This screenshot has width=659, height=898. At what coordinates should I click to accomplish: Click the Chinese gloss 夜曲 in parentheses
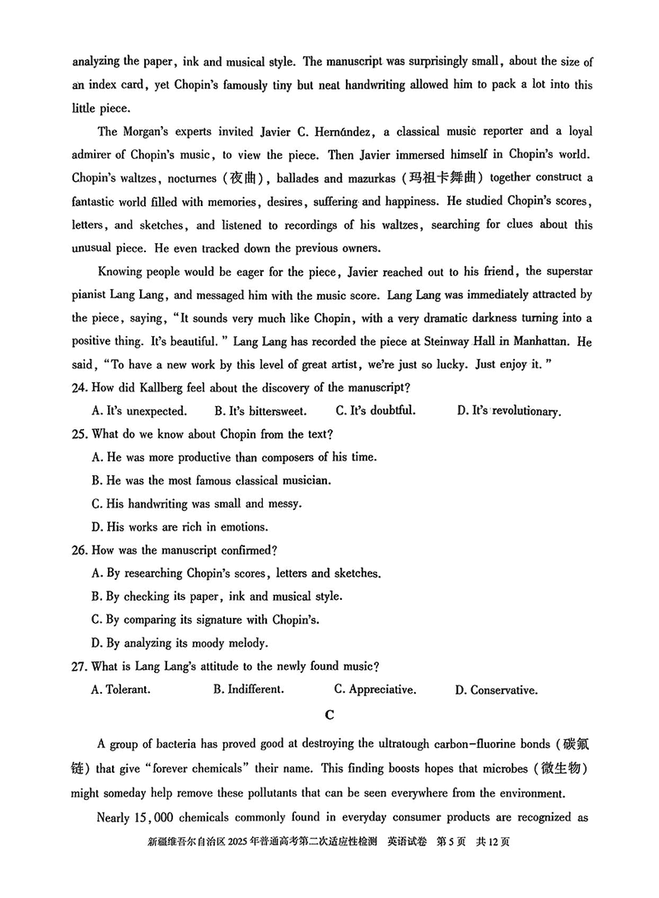click(x=244, y=178)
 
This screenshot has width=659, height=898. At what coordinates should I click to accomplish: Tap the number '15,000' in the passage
click(x=157, y=817)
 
